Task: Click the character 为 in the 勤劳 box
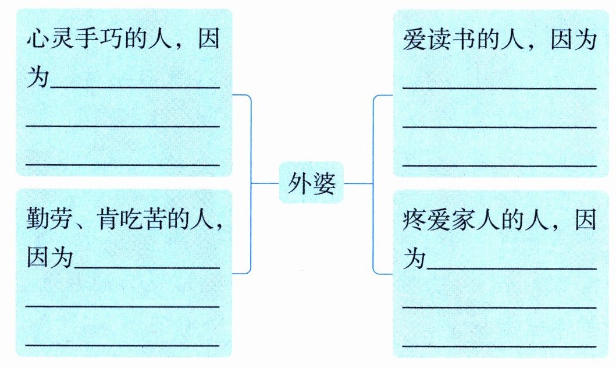coord(63,257)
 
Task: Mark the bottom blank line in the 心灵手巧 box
coord(123,165)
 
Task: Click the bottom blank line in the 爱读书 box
coord(500,165)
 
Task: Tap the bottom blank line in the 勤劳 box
coord(123,345)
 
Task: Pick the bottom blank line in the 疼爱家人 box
coord(500,346)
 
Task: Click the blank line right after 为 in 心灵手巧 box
coord(136,87)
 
